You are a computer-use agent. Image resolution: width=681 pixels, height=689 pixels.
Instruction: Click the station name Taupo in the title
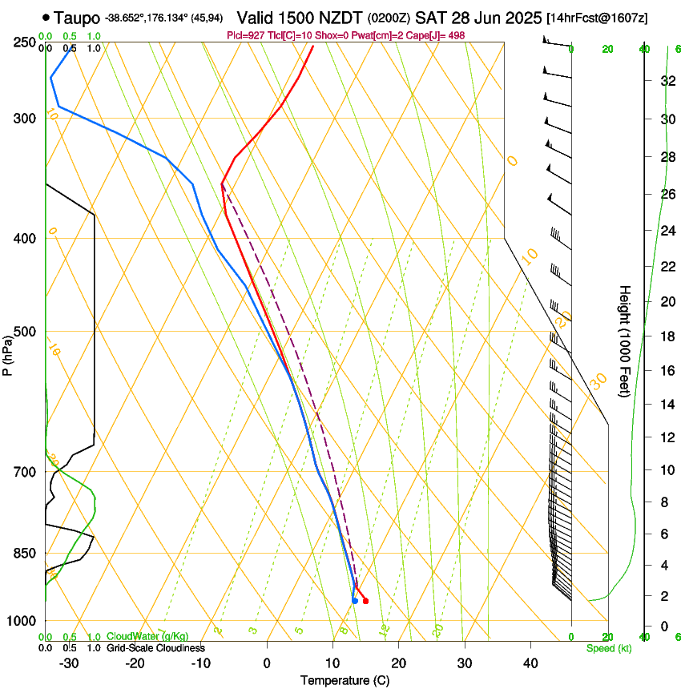76,17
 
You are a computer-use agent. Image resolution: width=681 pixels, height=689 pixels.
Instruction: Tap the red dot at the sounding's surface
365,601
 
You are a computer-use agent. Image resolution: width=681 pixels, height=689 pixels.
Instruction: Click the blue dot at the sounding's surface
355,601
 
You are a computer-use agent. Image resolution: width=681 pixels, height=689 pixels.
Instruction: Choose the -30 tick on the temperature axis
69,663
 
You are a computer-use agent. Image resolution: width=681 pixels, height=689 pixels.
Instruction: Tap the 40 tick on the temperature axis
530,663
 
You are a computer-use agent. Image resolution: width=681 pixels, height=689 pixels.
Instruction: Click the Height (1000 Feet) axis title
625,340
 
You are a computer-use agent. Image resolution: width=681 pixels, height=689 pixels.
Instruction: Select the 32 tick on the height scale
666,81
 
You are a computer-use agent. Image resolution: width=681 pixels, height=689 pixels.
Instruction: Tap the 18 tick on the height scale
666,336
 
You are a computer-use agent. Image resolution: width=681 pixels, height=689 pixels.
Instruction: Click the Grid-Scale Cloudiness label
155,648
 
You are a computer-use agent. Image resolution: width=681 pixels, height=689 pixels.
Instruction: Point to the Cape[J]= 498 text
441,35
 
